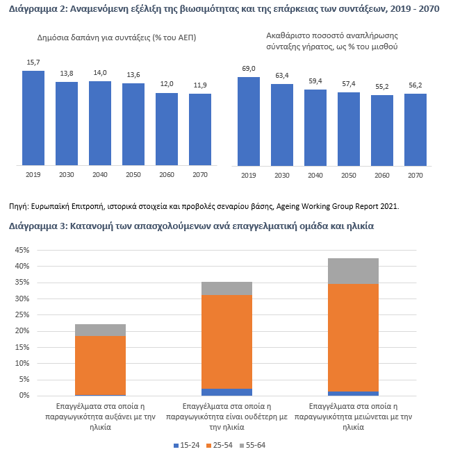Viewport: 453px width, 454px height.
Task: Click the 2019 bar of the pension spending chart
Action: click(33, 118)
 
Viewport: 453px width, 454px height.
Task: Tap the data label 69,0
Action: click(248, 68)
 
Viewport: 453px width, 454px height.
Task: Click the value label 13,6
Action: click(133, 75)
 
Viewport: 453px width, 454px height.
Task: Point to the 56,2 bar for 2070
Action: click(415, 130)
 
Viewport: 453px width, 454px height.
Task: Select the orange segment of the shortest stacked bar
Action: click(100, 365)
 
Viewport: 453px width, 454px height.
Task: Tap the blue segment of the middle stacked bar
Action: click(227, 392)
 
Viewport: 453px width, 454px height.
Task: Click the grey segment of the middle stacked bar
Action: click(227, 288)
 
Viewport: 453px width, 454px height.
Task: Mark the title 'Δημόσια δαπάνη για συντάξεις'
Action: click(117, 37)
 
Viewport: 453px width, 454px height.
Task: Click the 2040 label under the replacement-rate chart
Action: click(315, 176)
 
